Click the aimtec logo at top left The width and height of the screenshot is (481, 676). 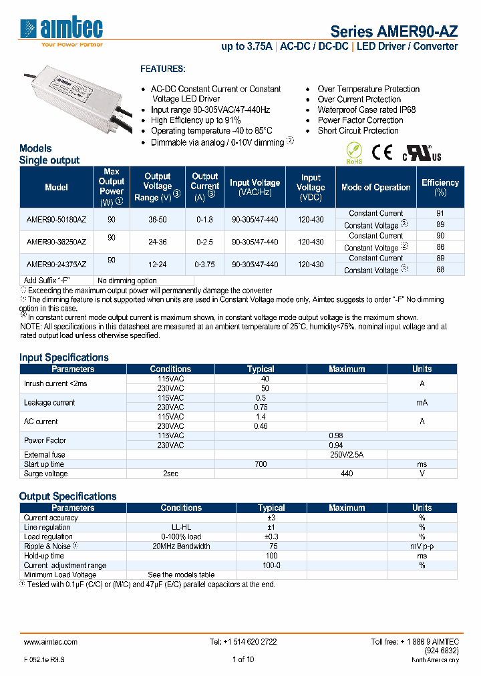click(x=61, y=29)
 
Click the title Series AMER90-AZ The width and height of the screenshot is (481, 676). click(x=394, y=31)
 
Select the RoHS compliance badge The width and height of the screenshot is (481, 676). click(x=354, y=152)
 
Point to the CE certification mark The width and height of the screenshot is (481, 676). click(x=382, y=153)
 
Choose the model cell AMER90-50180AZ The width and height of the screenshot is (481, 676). click(x=56, y=219)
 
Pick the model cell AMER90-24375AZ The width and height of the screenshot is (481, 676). click(x=56, y=265)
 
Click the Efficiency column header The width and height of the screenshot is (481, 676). click(x=440, y=187)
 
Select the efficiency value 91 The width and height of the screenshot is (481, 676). click(x=440, y=214)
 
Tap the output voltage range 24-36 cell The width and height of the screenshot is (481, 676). click(x=158, y=242)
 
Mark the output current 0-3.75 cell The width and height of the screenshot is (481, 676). click(x=204, y=265)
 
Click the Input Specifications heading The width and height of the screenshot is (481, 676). click(x=63, y=357)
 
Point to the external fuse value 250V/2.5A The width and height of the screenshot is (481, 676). click(x=347, y=454)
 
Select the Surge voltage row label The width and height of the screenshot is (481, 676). click(x=46, y=474)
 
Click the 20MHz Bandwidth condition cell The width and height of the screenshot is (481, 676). click(x=181, y=546)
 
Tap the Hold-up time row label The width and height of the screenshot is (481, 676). click(x=44, y=556)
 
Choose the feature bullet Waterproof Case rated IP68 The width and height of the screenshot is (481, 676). click(x=367, y=110)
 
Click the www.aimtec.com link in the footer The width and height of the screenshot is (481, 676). click(x=51, y=642)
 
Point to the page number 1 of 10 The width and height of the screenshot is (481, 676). click(x=243, y=659)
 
